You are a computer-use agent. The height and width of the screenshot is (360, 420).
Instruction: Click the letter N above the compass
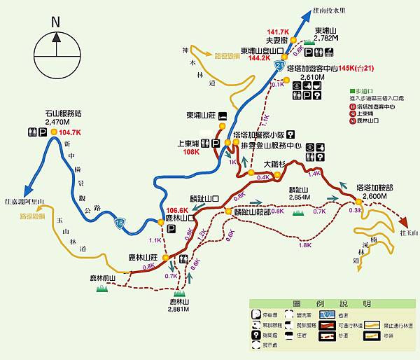tap(55, 22)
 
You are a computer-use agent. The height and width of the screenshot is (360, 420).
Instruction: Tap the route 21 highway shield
tap(281, 66)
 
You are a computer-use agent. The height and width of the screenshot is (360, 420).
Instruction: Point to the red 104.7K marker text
tap(71, 132)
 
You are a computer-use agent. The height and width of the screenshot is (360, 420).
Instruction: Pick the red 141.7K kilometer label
tap(278, 32)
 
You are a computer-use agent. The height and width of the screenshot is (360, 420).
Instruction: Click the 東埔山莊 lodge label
tap(201, 116)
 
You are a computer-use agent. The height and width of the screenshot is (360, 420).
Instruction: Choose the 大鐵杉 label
tap(275, 165)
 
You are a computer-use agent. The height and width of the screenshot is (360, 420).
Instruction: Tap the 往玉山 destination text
tap(407, 233)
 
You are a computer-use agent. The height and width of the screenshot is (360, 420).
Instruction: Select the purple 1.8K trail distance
tap(304, 245)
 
